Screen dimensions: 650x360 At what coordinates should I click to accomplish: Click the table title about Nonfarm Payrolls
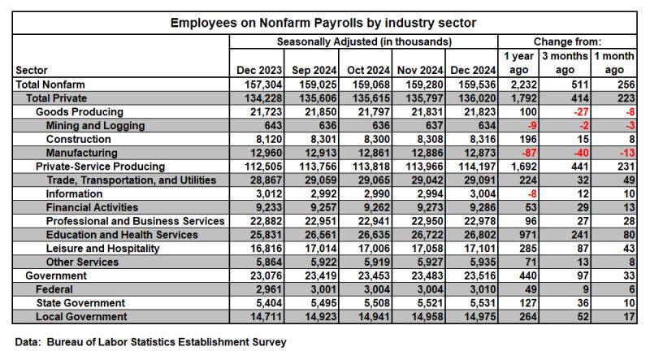(323, 23)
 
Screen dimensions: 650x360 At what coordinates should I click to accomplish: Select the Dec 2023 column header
(259, 70)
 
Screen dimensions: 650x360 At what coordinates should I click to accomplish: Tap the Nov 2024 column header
(420, 70)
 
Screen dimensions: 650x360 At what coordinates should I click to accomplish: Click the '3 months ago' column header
(565, 63)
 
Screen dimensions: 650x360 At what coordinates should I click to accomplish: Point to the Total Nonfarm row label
(50, 85)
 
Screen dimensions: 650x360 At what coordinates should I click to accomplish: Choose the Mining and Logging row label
(95, 126)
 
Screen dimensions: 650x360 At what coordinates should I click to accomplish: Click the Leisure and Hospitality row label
(103, 249)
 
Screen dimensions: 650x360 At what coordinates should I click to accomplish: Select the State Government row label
(80, 303)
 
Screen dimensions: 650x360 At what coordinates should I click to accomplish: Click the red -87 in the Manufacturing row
(529, 153)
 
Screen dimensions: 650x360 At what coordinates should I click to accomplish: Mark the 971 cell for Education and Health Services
(527, 235)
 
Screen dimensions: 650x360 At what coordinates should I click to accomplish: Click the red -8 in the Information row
(532, 194)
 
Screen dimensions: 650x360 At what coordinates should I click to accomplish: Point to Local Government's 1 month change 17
(629, 317)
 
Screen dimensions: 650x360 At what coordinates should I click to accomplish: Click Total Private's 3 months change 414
(579, 98)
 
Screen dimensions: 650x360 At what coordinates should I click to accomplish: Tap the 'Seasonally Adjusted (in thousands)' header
(364, 42)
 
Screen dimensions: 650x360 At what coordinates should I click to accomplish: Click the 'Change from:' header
(567, 42)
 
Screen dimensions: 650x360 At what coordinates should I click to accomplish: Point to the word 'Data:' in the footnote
(28, 342)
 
